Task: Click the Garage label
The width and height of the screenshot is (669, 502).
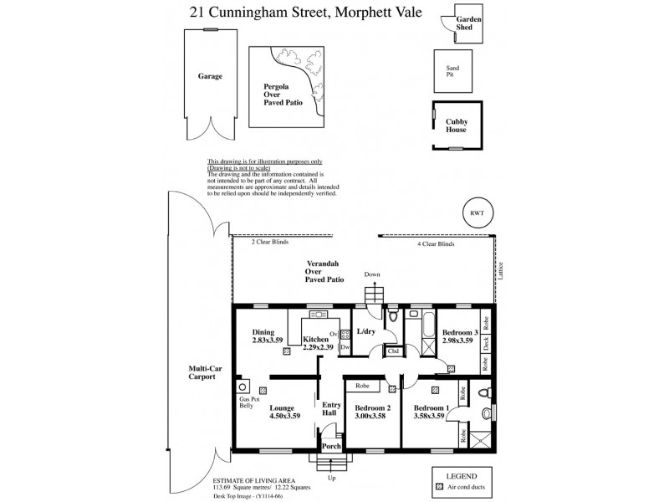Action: [210, 76]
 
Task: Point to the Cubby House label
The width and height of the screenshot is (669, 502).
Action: [456, 125]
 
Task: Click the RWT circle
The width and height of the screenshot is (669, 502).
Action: [477, 213]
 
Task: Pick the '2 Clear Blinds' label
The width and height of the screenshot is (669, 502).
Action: [269, 242]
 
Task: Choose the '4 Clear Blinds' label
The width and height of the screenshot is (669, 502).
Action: [436, 242]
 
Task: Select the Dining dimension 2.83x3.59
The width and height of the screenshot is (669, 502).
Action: [268, 341]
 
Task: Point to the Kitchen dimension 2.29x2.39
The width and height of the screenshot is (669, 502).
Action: [319, 347]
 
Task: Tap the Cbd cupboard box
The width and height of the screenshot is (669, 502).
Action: [392, 352]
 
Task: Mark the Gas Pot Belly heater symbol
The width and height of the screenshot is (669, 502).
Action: [243, 387]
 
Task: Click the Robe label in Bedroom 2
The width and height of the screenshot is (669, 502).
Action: [363, 387]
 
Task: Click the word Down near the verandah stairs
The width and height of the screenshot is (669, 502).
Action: [372, 274]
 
